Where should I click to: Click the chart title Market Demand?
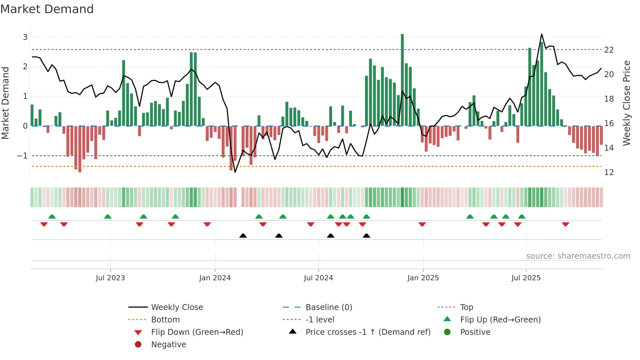coord(47,9)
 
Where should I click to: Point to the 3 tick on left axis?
coord(25,37)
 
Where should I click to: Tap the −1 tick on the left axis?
coord(22,156)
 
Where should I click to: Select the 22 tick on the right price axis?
coord(609,50)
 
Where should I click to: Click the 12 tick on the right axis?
coord(609,172)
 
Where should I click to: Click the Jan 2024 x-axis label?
coord(215,278)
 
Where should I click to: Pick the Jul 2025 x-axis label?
coord(526,278)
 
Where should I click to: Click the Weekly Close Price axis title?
coord(626,103)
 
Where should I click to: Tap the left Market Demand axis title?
coord(5,103)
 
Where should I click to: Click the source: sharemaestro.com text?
coord(578,256)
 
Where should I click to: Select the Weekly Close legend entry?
coord(177,307)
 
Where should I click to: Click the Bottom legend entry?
coord(165,320)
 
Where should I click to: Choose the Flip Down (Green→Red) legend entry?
coord(197,332)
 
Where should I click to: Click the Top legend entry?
coord(467,307)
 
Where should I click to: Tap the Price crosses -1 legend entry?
coord(368,332)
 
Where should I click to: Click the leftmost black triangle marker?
coord(243,236)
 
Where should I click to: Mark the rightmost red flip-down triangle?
coord(566,224)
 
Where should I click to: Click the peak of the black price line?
coord(542,34)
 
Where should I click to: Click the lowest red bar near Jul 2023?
coord(80,163)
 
